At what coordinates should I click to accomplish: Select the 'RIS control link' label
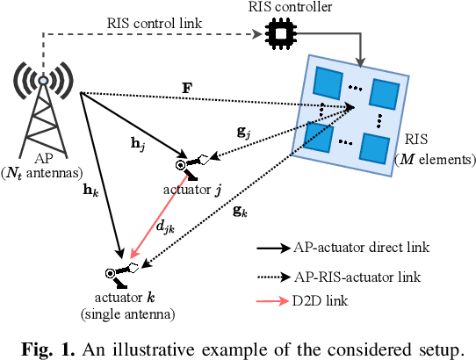151,21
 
